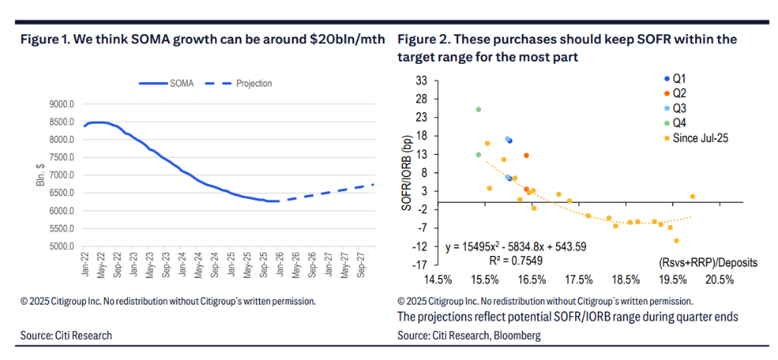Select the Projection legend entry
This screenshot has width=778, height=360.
254,84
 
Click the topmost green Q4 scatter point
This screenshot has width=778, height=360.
479,109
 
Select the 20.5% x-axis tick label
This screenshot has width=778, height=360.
719,279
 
